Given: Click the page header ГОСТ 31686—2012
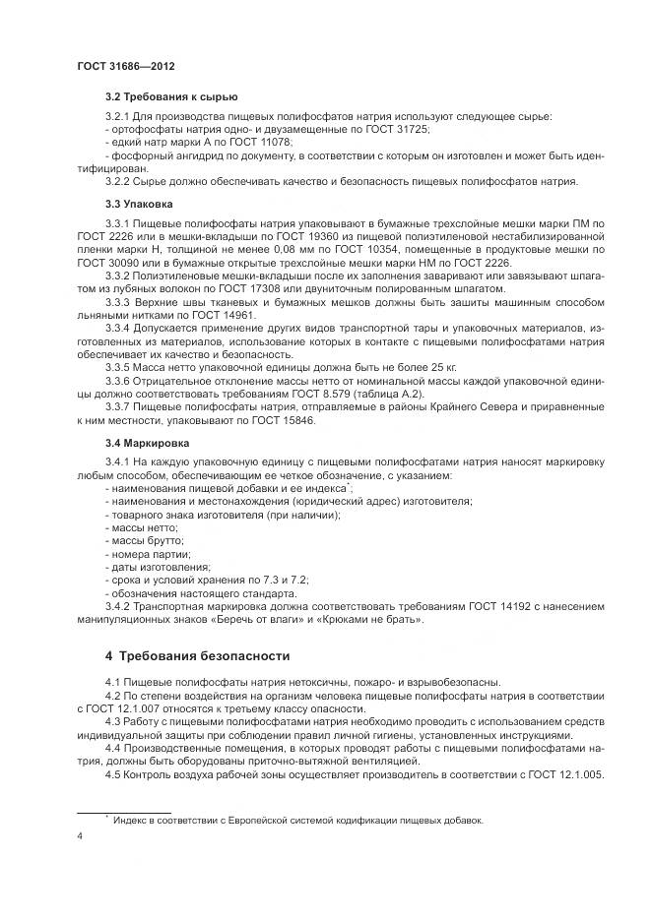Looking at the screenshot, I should (x=125, y=66).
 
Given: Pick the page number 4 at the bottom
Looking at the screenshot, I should (x=79, y=835).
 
